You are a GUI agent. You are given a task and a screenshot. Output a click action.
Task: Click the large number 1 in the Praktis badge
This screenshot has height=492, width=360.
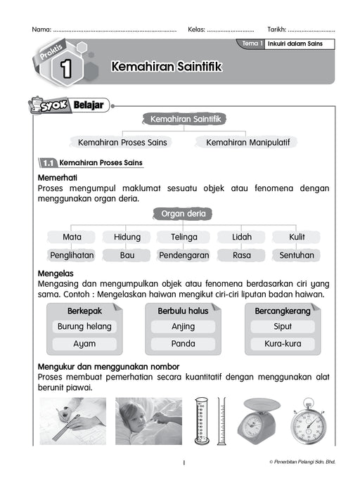[66, 68]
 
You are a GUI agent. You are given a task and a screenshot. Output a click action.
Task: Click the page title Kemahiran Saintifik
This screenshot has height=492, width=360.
[166, 66]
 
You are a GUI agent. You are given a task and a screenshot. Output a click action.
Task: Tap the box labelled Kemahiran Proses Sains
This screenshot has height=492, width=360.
[122, 142]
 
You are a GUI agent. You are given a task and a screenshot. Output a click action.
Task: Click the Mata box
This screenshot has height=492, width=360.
[72, 237]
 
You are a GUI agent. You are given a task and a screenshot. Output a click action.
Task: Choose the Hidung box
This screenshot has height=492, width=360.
[127, 237]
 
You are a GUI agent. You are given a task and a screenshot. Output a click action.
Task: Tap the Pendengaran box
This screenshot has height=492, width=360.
[184, 255]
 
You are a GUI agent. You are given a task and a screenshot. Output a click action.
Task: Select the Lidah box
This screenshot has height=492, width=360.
[242, 237]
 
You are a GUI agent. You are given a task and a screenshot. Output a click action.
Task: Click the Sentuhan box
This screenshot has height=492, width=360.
[297, 255]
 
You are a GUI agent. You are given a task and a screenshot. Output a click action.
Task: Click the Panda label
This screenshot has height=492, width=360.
[184, 344]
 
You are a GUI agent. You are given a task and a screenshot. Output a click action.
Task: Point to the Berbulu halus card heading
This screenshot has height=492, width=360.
[183, 310]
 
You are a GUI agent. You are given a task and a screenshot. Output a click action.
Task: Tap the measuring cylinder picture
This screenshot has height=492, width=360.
[202, 422]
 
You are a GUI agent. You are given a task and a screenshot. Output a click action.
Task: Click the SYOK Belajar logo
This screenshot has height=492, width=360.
[64, 106]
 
